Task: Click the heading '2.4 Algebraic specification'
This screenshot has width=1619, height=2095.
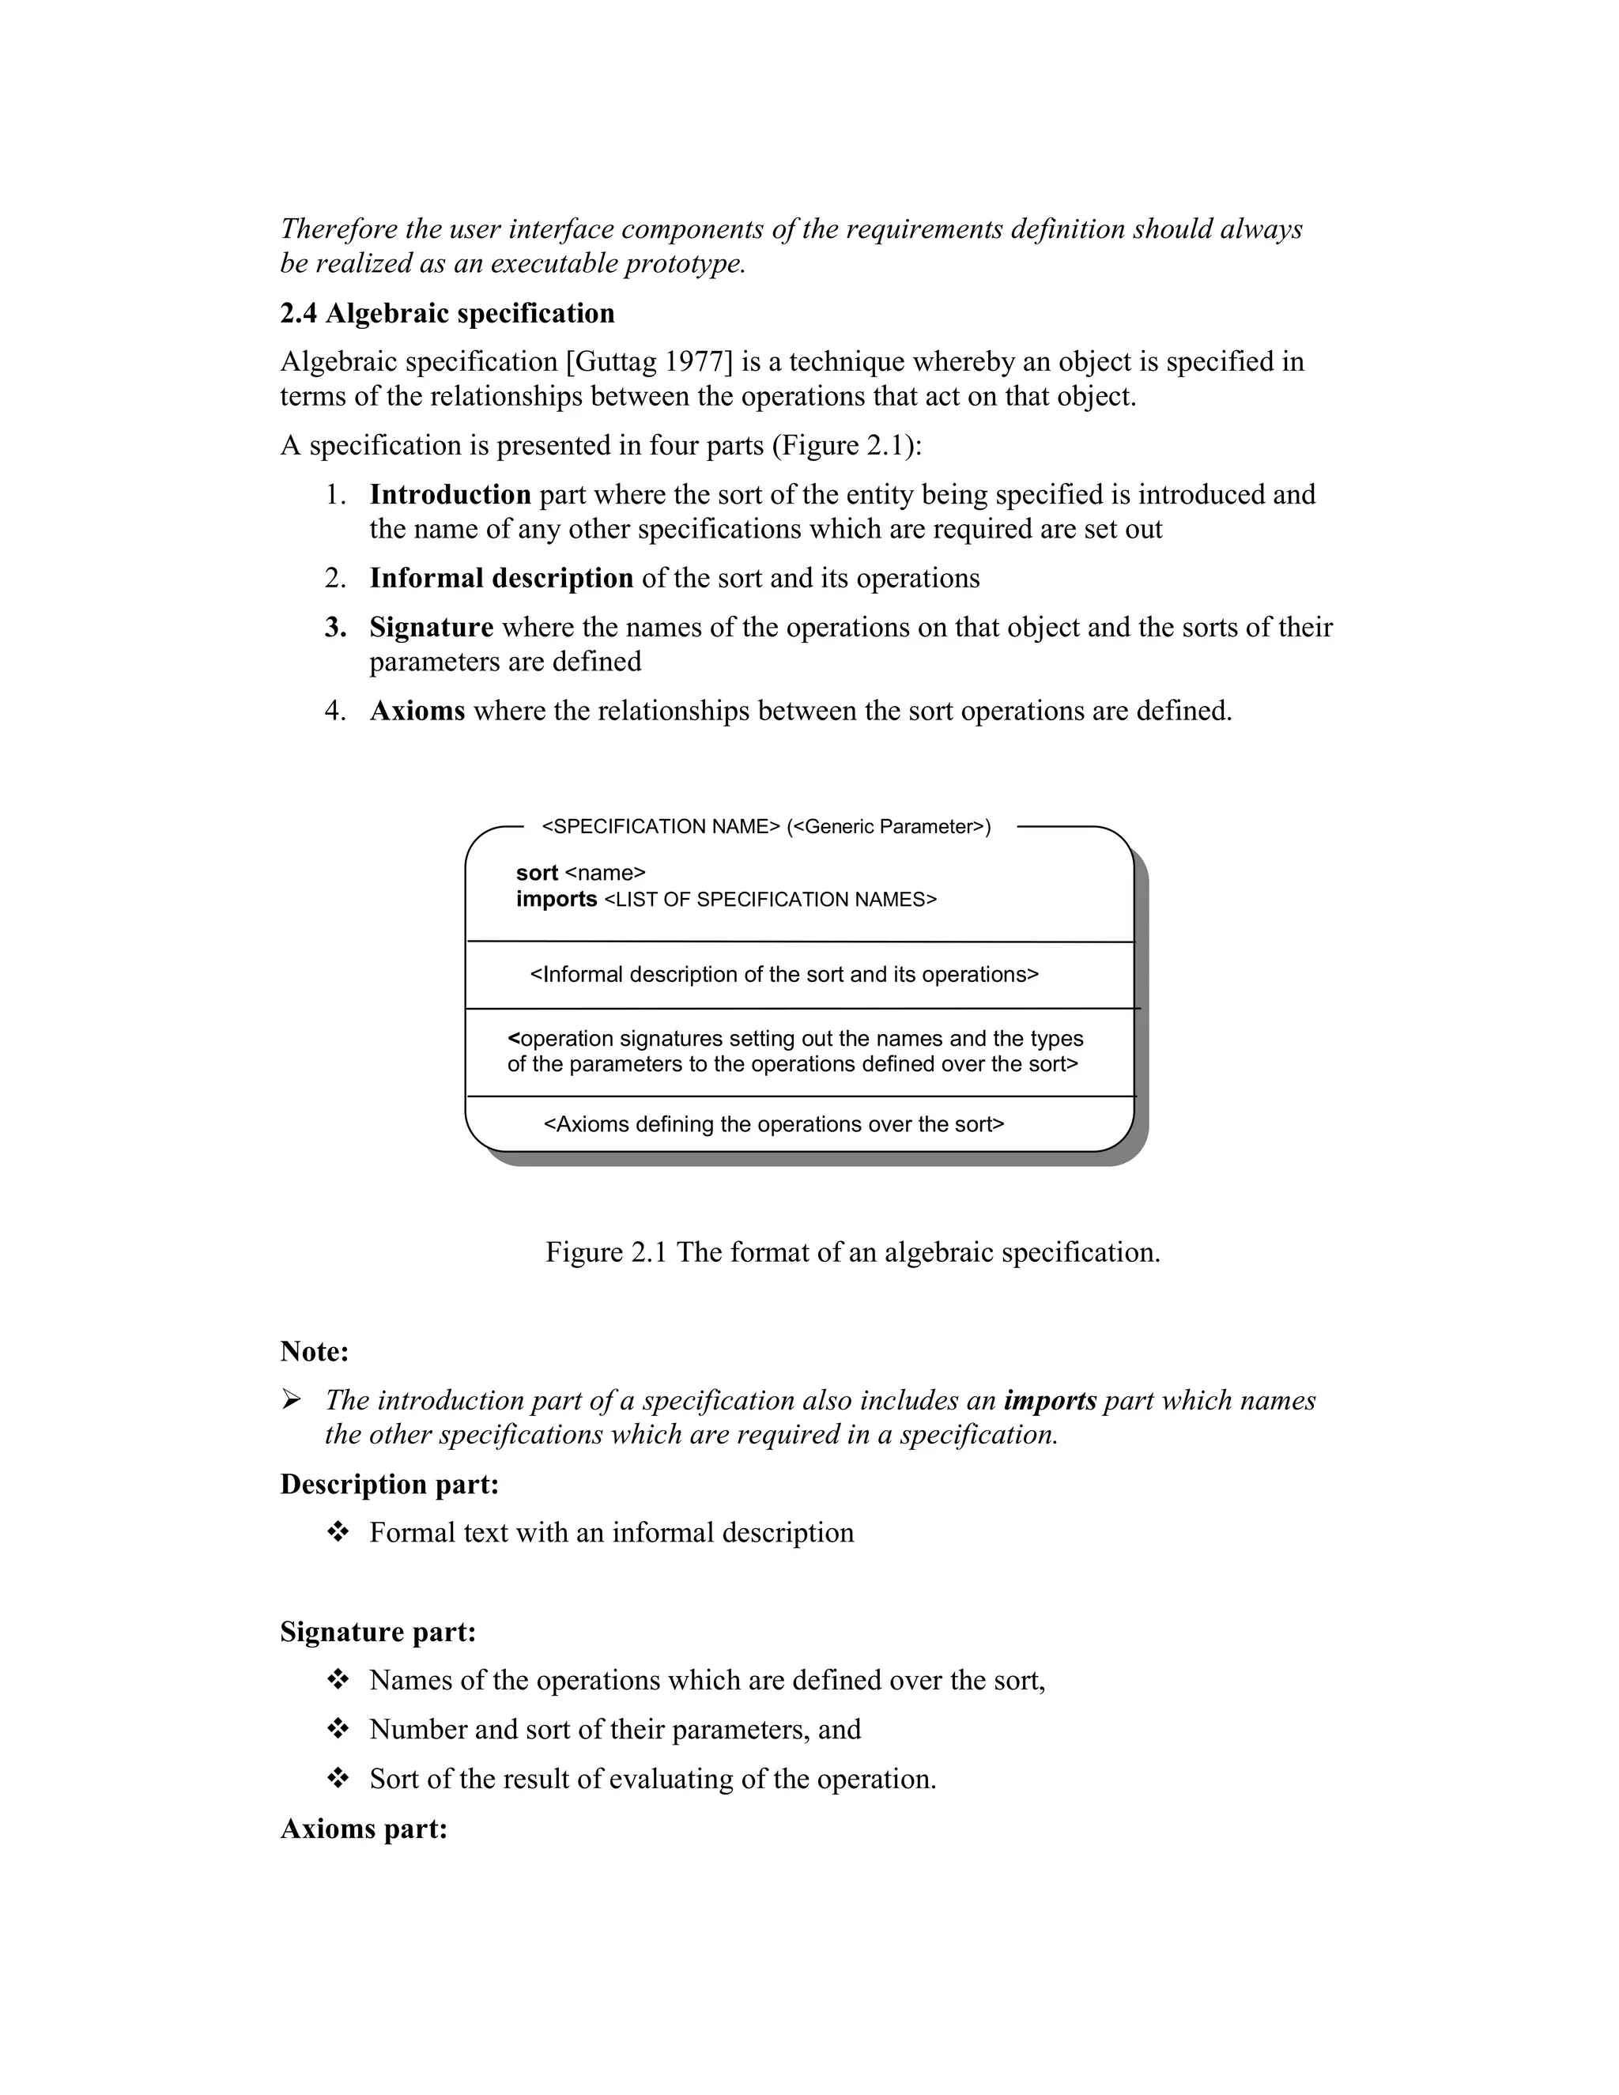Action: coord(447,314)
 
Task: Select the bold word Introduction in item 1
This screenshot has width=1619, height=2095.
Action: coord(450,495)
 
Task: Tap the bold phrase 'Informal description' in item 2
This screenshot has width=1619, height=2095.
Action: coord(500,579)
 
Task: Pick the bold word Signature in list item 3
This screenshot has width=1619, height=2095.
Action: coord(431,628)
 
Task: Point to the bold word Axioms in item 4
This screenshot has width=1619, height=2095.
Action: coord(417,711)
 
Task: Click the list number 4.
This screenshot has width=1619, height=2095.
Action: coord(334,711)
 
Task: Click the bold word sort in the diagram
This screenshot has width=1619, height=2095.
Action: coord(536,873)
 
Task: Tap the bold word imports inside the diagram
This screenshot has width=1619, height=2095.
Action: coord(557,900)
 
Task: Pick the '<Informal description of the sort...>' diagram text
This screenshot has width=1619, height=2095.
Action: coord(783,975)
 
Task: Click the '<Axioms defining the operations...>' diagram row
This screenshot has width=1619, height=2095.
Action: coord(773,1124)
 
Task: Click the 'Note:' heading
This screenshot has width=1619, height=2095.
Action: coord(315,1352)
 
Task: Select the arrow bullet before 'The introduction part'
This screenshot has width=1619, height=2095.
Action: coord(291,1401)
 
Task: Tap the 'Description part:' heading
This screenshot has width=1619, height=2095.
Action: coord(390,1484)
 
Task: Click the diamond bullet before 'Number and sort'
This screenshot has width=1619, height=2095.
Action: coord(338,1730)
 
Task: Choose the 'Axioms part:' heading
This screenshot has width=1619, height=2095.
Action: coord(364,1829)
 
